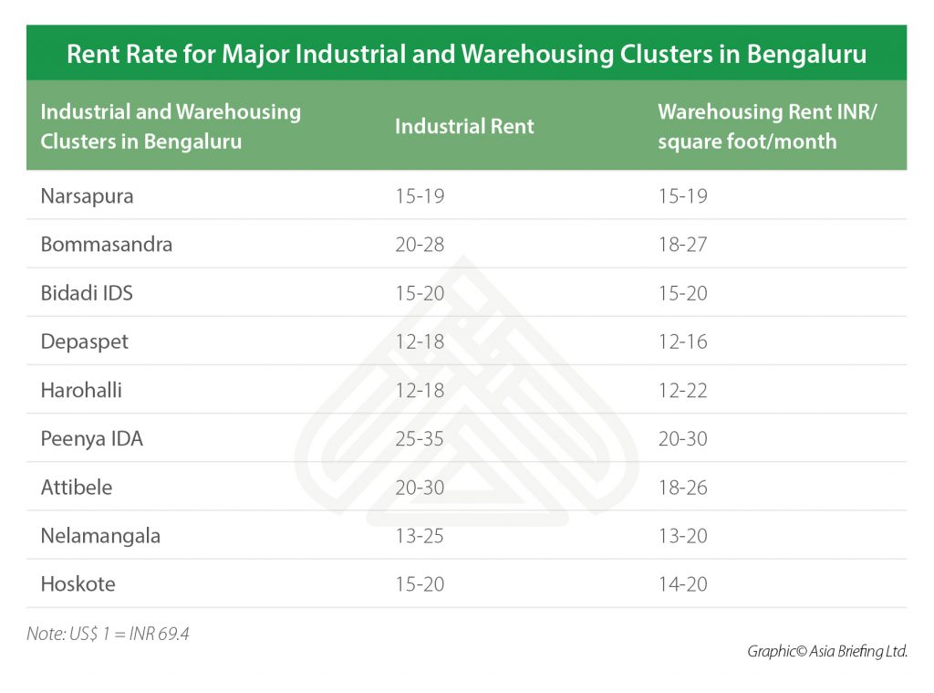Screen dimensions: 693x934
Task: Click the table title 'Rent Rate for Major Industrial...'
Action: [x=466, y=54]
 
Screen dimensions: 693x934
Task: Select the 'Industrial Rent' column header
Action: [x=464, y=127]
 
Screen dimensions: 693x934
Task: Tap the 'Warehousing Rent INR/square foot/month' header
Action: [x=747, y=127]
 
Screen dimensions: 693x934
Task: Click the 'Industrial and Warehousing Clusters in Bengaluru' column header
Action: [x=171, y=127]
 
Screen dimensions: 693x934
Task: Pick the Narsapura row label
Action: [x=87, y=196]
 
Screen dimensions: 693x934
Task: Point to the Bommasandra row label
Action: [x=106, y=245]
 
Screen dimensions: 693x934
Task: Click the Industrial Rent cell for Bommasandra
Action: [x=420, y=245]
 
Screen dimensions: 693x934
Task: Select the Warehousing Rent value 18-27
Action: [x=682, y=245]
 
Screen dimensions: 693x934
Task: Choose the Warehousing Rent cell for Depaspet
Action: [x=682, y=341]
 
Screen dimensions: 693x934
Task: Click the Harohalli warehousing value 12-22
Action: [x=682, y=390]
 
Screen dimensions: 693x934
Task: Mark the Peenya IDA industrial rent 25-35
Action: [x=420, y=438]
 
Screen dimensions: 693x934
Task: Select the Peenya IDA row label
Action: [x=91, y=438]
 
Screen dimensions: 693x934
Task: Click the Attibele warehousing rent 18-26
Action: [x=682, y=487]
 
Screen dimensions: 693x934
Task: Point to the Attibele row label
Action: [x=77, y=487]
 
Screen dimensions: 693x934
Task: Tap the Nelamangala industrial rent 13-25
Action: [x=420, y=535]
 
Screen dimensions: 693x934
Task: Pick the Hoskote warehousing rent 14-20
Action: [x=682, y=583]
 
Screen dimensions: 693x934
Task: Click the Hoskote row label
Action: [x=78, y=583]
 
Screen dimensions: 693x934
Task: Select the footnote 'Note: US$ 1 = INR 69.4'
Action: [x=108, y=633]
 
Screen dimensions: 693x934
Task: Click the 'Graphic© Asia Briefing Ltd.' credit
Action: [x=826, y=651]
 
